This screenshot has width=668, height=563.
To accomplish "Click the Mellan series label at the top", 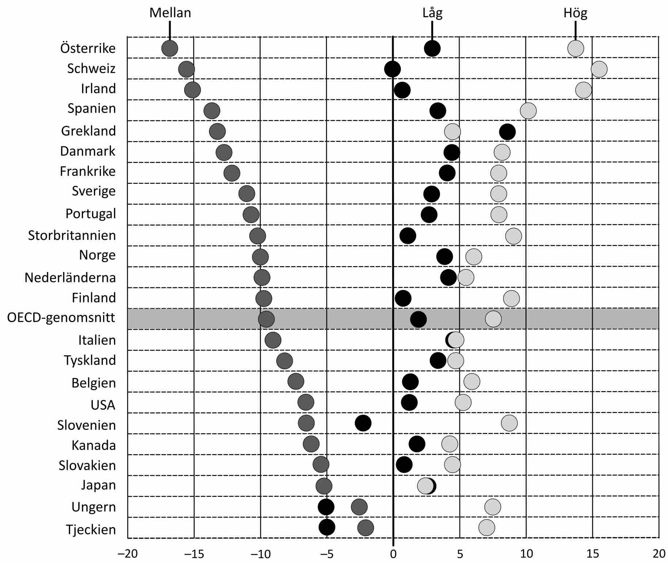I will [x=170, y=13].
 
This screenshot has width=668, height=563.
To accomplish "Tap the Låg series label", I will [x=432, y=13].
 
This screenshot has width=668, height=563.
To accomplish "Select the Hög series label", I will [x=575, y=13].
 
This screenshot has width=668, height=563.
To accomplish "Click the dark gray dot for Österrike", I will [x=170, y=48].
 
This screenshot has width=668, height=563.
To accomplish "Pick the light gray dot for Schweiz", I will [x=599, y=69].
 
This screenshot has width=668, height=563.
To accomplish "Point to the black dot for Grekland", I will [x=507, y=132].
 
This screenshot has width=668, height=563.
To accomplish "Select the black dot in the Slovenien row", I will [x=363, y=423].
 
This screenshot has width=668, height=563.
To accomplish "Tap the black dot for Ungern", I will [x=326, y=507].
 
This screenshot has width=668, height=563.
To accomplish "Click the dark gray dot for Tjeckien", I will [x=365, y=528].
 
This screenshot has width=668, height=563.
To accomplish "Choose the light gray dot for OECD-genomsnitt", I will [x=493, y=319].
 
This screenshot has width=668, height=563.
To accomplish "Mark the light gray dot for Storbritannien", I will [x=513, y=236].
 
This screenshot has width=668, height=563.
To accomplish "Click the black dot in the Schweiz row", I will [x=392, y=69].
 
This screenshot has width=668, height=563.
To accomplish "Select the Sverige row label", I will [x=94, y=191].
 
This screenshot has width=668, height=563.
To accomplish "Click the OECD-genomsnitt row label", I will [x=61, y=317].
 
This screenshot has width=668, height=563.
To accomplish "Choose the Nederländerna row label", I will [x=70, y=278].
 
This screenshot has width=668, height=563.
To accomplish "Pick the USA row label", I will [x=103, y=405].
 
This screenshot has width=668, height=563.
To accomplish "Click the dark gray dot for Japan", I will [x=324, y=486].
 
